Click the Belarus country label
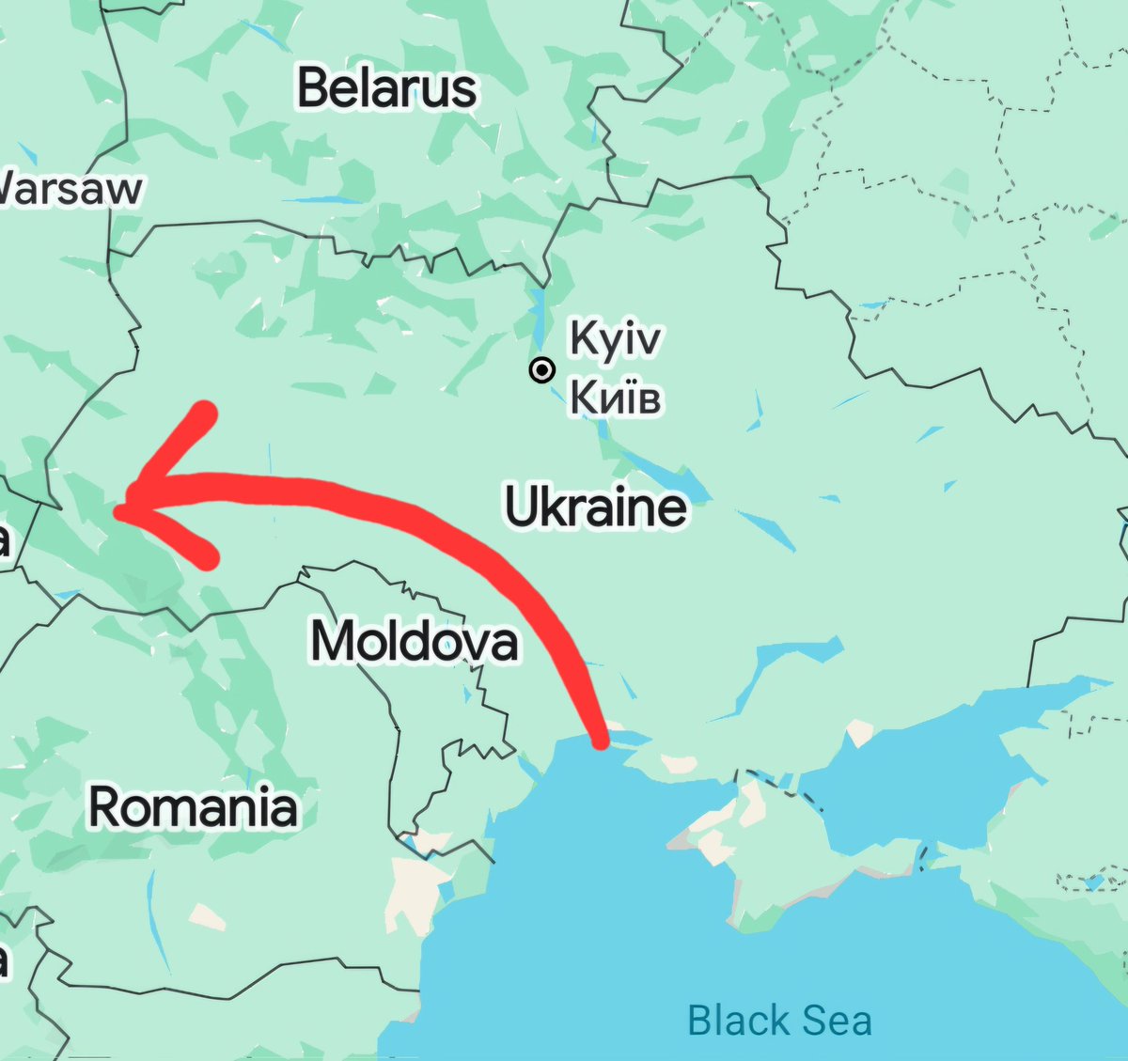[387, 88]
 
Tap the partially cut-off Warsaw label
[70, 188]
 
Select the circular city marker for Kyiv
[541, 370]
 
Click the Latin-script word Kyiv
[616, 339]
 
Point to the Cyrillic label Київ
[616, 398]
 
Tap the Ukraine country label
[596, 507]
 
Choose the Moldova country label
[414, 642]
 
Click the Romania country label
[193, 807]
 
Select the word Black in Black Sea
[738, 1021]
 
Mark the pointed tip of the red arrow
[118, 510]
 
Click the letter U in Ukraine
[525, 507]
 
